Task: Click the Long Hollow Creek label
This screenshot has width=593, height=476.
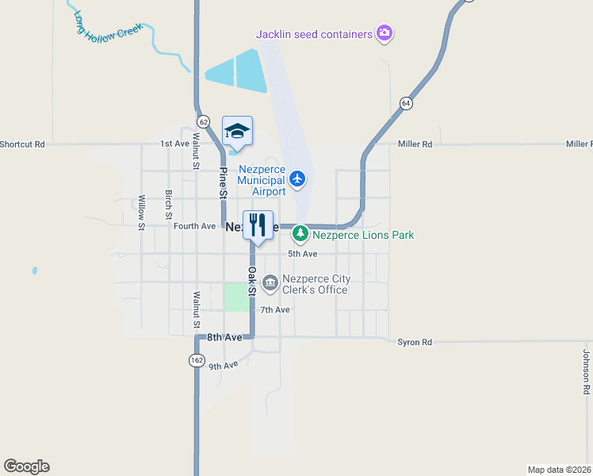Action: point(108,27)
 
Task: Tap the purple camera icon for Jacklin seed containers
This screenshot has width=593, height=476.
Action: point(384,33)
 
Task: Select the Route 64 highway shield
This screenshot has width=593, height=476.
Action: point(406,103)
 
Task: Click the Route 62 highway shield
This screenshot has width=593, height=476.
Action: point(204,121)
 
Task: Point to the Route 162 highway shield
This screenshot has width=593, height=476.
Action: point(196,359)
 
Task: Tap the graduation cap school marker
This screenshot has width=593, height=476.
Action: point(237,131)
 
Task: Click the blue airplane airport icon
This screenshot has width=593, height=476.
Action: point(297,178)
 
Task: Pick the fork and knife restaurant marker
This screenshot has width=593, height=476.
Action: point(257,225)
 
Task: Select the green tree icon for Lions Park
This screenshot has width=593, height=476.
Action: point(300,234)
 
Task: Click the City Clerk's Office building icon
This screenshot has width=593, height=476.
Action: point(270,282)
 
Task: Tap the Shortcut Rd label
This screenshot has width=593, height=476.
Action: point(22,144)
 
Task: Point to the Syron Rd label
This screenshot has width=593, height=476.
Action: point(415,342)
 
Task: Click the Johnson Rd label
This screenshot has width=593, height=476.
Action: point(587,372)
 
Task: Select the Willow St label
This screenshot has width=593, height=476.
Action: point(141,213)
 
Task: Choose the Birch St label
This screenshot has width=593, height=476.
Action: point(168,204)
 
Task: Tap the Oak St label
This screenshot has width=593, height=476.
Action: point(251,281)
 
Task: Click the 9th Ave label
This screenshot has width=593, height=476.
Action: point(224,366)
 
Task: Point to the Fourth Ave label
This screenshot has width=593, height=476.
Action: point(194,226)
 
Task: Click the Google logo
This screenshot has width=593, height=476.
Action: point(26,466)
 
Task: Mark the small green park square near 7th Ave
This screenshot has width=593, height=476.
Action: point(235,297)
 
